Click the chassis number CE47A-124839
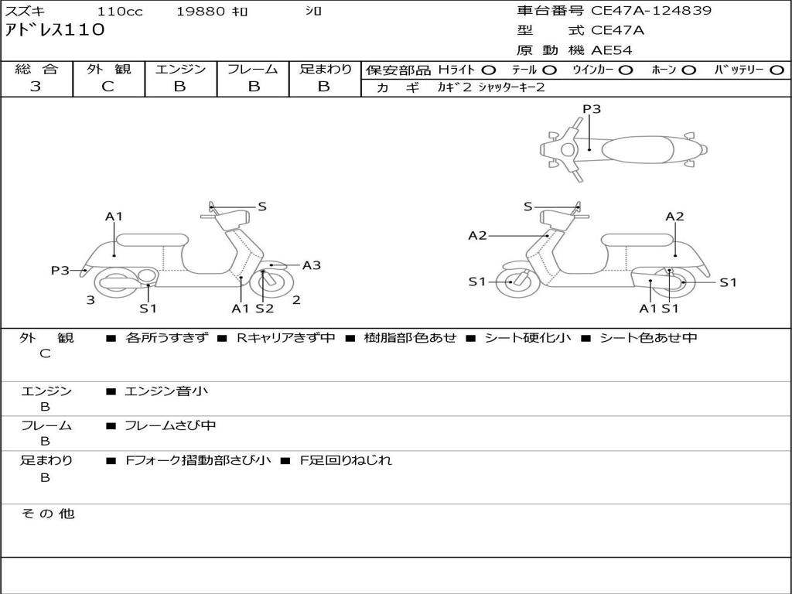pyautogui.click(x=651, y=11)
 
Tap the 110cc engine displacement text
pyautogui.click(x=120, y=12)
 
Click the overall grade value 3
pyautogui.click(x=36, y=87)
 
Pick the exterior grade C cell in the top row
pyautogui.click(x=108, y=87)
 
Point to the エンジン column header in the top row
pyautogui.click(x=180, y=70)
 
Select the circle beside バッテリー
pyautogui.click(x=777, y=70)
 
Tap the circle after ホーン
pyautogui.click(x=688, y=70)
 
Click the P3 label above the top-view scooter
pyautogui.click(x=592, y=109)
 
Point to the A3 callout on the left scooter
pyautogui.click(x=312, y=265)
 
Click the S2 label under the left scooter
pyautogui.click(x=265, y=309)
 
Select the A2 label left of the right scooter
pyautogui.click(x=477, y=235)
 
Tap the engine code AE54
pyautogui.click(x=612, y=50)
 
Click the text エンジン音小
pyautogui.click(x=166, y=391)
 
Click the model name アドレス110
pyautogui.click(x=55, y=30)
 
